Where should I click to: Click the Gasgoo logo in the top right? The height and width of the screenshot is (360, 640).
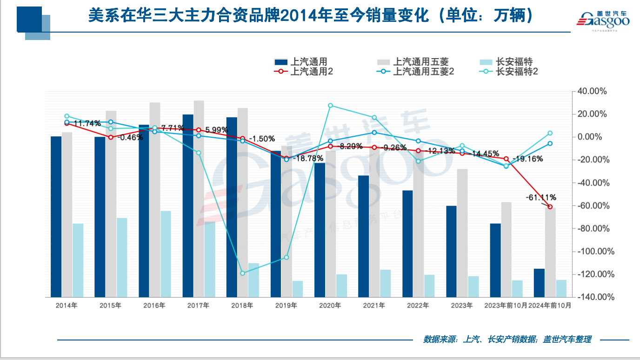pyautogui.click(x=603, y=20)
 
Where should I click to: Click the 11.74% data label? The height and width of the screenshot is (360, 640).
pyautogui.click(x=87, y=123)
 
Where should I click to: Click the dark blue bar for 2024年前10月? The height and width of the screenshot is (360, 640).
pyautogui.click(x=539, y=282)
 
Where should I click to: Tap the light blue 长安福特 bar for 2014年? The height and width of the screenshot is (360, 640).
pyautogui.click(x=78, y=260)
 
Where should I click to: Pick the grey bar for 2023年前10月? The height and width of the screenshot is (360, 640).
pyautogui.click(x=507, y=249)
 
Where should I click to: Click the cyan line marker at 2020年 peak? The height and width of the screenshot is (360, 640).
pyautogui.click(x=330, y=106)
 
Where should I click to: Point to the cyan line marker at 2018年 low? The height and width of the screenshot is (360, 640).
pyautogui.click(x=242, y=273)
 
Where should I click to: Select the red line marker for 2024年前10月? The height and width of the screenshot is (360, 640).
pyautogui.click(x=550, y=207)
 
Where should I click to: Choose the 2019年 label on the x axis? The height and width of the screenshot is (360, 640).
pyautogui.click(x=286, y=306)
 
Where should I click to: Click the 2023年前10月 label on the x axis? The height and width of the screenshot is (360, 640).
pyautogui.click(x=506, y=306)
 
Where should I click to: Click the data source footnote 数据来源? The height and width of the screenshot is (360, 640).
pyautogui.click(x=507, y=340)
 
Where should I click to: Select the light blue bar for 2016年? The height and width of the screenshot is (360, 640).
pyautogui.click(x=166, y=253)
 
